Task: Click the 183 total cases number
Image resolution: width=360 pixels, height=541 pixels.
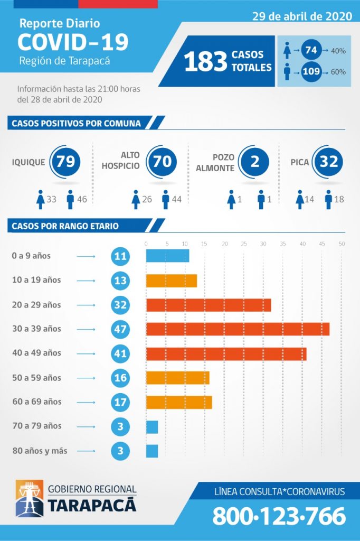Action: (205, 61)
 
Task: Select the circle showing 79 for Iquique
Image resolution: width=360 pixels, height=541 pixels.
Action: (65, 161)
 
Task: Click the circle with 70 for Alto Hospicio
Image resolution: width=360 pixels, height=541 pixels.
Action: (162, 161)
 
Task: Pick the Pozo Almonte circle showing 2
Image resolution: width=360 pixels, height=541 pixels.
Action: (254, 161)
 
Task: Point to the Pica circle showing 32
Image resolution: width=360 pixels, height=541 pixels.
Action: (328, 161)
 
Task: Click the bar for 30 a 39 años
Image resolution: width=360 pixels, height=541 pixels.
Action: (238, 329)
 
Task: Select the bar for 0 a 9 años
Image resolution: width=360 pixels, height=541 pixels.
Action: (167, 256)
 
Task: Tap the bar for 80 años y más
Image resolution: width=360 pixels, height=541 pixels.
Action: (152, 451)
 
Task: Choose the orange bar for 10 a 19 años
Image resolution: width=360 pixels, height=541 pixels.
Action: (172, 281)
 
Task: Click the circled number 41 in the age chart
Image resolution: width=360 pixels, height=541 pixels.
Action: (120, 353)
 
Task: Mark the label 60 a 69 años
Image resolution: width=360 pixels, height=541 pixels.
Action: (36, 402)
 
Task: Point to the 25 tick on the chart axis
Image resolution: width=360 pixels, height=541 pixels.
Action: (244, 244)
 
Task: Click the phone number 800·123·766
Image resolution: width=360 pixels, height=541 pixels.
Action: (279, 516)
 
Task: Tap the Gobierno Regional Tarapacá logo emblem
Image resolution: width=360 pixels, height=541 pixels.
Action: (30, 498)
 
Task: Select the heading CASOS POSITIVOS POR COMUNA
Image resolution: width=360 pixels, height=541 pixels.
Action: (77, 124)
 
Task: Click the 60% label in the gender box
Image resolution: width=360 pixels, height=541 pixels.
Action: (338, 71)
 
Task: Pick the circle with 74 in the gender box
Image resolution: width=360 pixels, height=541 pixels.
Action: (311, 50)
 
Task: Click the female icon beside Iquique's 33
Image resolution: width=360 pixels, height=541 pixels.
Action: (40, 200)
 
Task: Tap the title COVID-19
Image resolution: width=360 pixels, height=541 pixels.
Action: (73, 42)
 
